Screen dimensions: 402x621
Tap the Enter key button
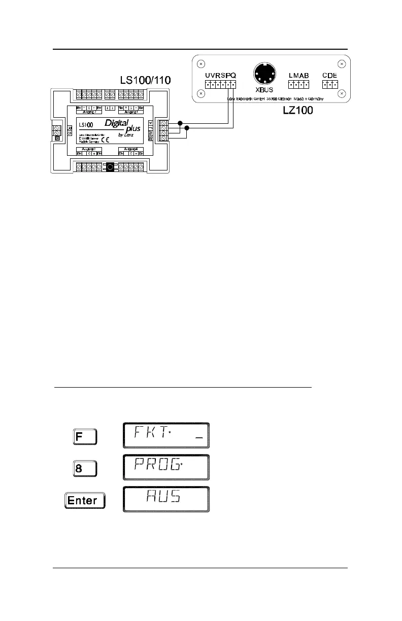[x=84, y=500]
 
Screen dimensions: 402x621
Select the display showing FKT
[x=165, y=435]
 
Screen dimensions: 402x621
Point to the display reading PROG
[x=165, y=468]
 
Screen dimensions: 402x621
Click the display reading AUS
[x=165, y=500]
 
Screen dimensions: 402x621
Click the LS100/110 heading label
[x=145, y=80]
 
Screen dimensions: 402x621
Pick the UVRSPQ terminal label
[x=220, y=75]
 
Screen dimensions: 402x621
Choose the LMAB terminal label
[x=299, y=75]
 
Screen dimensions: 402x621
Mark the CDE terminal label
[x=330, y=75]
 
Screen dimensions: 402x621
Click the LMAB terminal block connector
[x=299, y=84]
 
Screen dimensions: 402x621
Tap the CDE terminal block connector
[x=330, y=84]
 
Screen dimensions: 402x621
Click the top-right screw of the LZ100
[x=342, y=64]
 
